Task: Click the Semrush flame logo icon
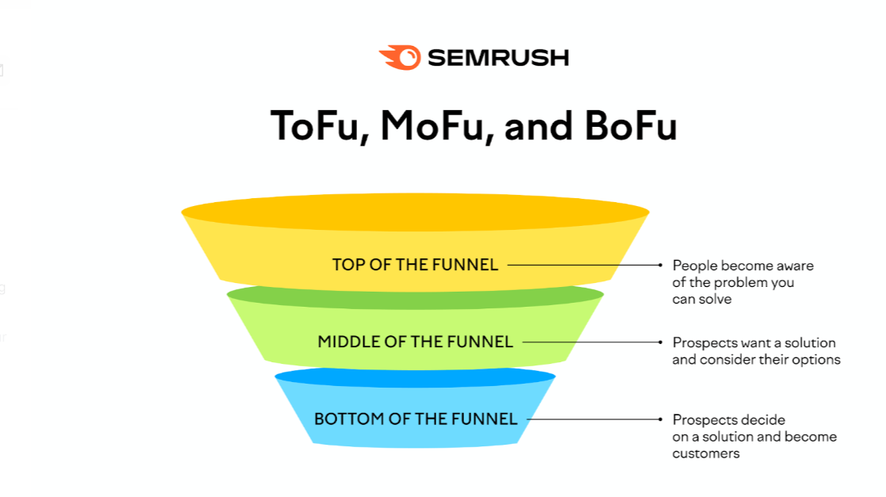tap(400, 57)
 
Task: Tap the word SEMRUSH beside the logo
tap(498, 58)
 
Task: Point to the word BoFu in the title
tap(631, 125)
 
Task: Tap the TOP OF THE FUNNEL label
tap(416, 264)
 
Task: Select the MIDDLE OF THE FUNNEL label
tap(416, 342)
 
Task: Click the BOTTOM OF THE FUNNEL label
tap(416, 419)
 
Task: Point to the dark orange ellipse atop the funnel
tap(416, 212)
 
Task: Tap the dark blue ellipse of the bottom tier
tap(416, 377)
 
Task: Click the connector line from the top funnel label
tap(585, 265)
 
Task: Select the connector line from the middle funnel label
tap(593, 342)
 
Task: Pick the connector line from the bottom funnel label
tap(594, 419)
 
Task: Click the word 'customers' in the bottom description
tap(706, 453)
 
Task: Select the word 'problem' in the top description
tap(740, 282)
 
